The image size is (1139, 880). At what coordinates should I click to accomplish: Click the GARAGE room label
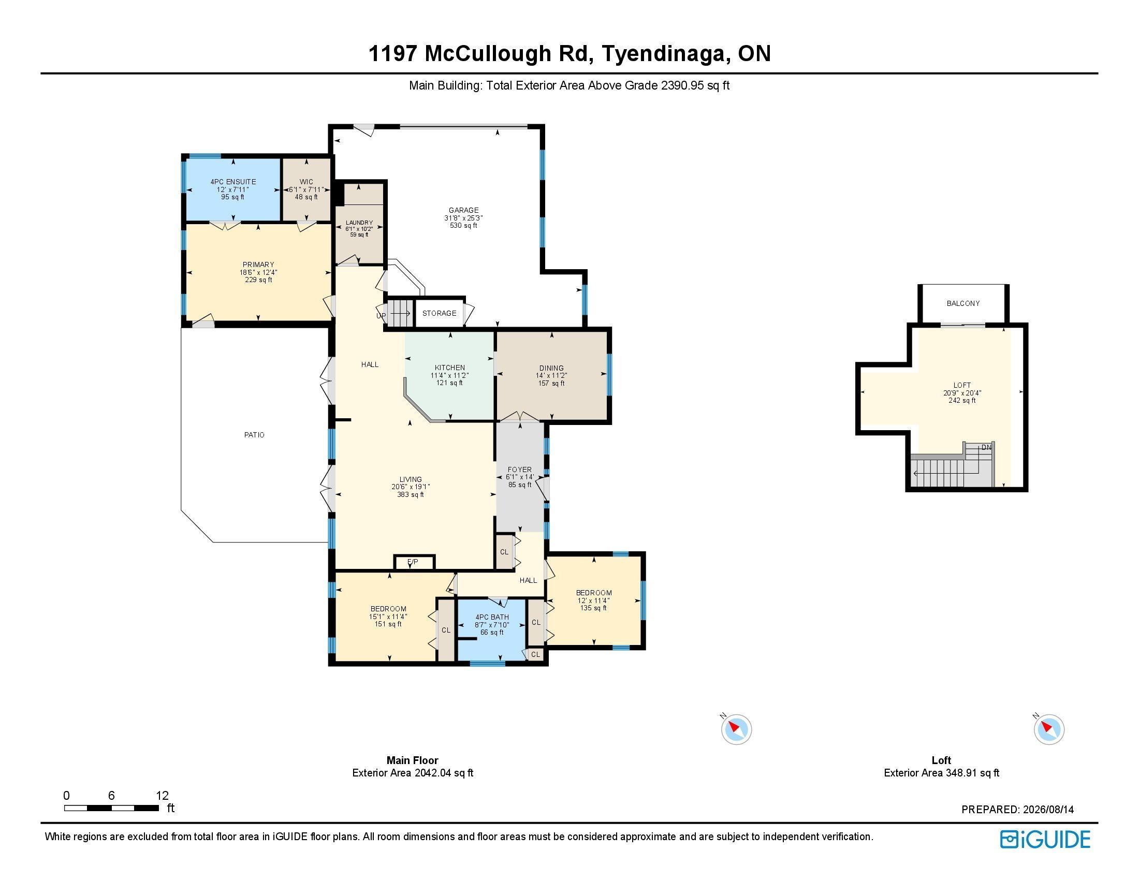tap(464, 211)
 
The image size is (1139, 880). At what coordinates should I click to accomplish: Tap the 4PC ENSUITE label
tap(233, 182)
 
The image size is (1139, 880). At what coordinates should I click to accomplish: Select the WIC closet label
tap(306, 182)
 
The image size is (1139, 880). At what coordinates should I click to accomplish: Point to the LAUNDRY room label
tap(359, 223)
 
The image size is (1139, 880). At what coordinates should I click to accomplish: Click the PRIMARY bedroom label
tap(258, 265)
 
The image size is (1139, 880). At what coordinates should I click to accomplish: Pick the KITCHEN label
tap(449, 368)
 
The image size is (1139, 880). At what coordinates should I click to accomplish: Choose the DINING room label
tap(552, 368)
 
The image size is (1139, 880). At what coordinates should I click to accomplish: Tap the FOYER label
tap(519, 470)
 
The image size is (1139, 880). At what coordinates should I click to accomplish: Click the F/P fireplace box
tap(413, 562)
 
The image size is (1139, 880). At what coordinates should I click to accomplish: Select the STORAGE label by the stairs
tap(439, 313)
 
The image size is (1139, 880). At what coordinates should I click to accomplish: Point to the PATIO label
tap(255, 435)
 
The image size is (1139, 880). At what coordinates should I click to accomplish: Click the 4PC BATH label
tap(492, 617)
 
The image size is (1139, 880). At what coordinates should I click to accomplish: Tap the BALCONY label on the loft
tap(963, 303)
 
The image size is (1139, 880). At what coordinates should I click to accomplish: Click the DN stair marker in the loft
tap(986, 447)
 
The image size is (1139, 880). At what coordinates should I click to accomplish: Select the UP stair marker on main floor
tap(381, 316)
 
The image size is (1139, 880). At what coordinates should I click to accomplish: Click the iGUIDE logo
tap(1045, 839)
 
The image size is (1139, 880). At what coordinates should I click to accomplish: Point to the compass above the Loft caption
tap(1049, 729)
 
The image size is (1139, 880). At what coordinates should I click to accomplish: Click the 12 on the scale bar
tap(162, 796)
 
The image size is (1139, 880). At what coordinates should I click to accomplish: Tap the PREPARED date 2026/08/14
tap(1048, 810)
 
